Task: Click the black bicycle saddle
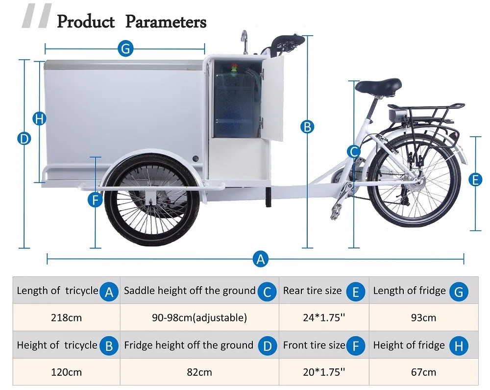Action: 378,87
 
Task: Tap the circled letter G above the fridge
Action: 125,48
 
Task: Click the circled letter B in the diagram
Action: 307,127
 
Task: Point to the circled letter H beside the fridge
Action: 40,119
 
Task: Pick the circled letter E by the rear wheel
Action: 475,180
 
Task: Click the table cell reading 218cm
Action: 66,317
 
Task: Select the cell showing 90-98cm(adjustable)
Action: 199,317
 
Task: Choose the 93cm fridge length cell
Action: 423,317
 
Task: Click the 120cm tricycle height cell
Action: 66,372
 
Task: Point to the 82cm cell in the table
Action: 199,372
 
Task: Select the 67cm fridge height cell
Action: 423,372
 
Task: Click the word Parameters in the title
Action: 166,22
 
